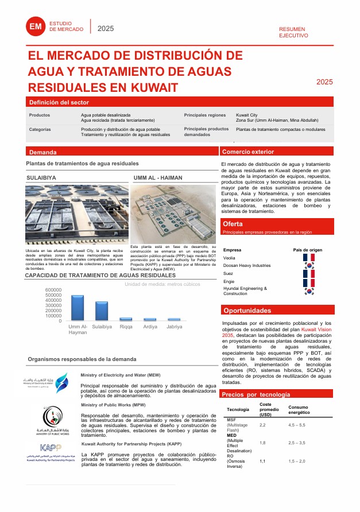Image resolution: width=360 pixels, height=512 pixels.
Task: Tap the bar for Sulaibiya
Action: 102,311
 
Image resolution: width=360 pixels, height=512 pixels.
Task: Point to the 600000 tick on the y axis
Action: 53,290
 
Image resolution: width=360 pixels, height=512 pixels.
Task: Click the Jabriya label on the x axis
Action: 174,327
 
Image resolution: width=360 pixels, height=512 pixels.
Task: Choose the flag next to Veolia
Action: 309,258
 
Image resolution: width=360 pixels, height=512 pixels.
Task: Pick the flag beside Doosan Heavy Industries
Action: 309,266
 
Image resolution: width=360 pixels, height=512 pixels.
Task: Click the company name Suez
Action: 229,274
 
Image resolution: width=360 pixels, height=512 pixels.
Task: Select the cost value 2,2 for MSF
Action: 263,425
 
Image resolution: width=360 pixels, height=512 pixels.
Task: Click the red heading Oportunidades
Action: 247,311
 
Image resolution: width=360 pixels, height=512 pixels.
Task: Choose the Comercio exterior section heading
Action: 248,152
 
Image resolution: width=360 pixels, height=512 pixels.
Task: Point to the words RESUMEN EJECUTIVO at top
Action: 293,32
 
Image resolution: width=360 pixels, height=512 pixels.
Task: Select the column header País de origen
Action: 308,250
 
